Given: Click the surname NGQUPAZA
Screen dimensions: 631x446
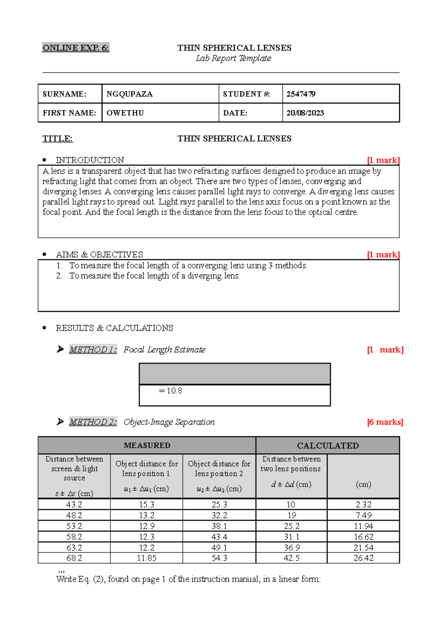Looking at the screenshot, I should coord(129,94).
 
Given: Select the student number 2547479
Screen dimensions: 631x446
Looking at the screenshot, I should coord(301,94).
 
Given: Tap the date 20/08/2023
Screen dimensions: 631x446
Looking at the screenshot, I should coord(305,113).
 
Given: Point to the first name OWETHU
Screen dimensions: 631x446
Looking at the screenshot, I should coord(125,113).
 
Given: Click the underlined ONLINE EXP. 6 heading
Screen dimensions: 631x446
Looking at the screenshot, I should coord(76,48).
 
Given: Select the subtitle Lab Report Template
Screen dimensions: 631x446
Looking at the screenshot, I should coord(233,58).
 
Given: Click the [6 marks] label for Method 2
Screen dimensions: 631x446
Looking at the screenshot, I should coord(385,422).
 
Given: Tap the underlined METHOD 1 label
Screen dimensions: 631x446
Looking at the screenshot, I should coord(93,350).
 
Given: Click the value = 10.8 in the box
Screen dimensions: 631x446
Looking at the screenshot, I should coord(171,391).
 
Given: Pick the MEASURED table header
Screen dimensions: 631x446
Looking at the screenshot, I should coord(147,445).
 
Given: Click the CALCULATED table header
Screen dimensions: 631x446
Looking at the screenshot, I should coord(327,445).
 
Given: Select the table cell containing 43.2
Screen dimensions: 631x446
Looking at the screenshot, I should coord(74,505).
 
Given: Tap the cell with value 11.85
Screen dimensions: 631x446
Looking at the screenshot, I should coord(146,558).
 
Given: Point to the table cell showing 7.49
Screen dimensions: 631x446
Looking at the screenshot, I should coord(363,515).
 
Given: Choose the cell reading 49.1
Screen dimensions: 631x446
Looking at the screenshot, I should coord(219,548).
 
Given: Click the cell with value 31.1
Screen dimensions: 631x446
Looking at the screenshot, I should coord(291,537).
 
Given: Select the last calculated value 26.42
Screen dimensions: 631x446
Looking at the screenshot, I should coord(363,558).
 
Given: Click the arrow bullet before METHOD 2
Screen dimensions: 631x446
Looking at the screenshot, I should coord(60,422).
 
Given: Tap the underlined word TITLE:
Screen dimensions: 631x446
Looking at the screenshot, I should coord(58,139).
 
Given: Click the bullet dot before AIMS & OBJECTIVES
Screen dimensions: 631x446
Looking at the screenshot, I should coord(45,255).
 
